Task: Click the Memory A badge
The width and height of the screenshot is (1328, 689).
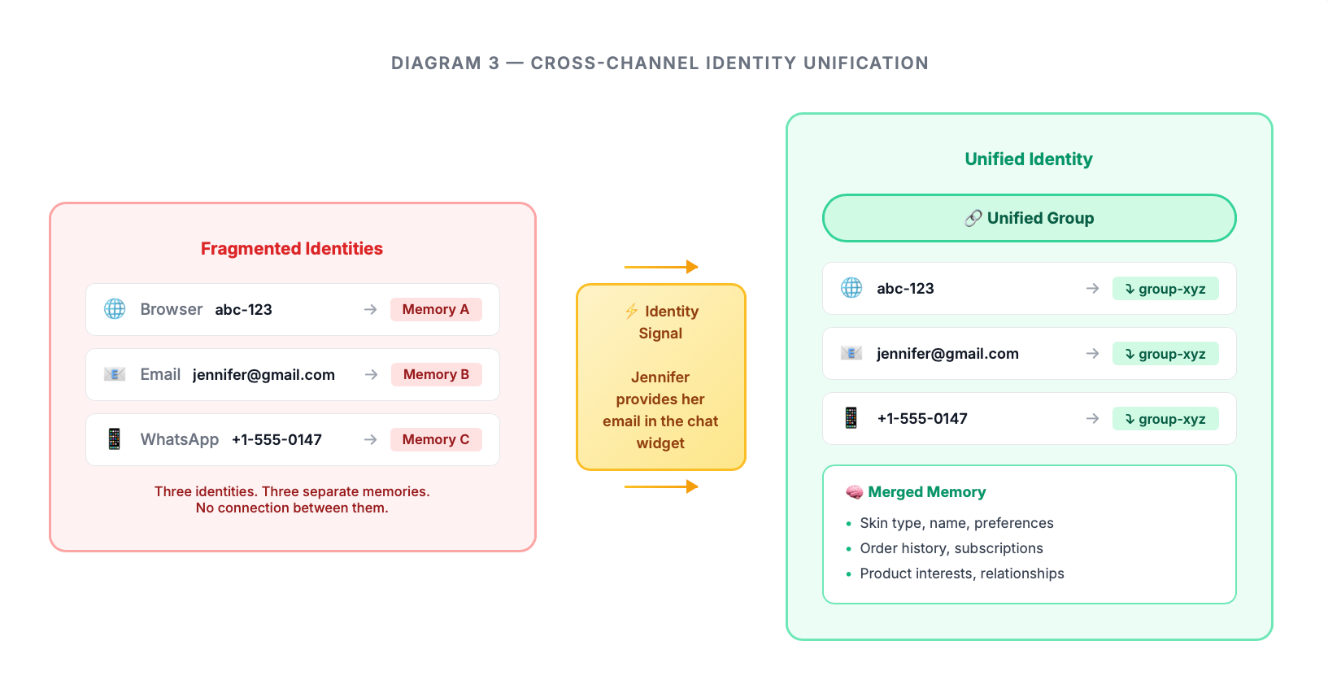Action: click(x=436, y=309)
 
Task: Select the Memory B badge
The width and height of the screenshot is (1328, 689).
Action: click(x=436, y=374)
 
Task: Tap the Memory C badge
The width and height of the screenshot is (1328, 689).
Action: click(x=436, y=439)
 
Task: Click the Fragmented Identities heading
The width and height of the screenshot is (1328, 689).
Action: click(x=292, y=249)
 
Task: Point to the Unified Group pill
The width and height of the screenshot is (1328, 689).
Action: click(x=1029, y=218)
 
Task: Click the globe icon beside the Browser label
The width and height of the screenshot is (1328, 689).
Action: click(x=115, y=309)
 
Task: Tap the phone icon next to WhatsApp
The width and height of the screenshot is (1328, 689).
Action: click(x=115, y=439)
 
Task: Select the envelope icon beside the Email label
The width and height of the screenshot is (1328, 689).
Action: click(x=115, y=374)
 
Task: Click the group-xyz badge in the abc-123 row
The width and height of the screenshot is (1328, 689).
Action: click(x=1165, y=289)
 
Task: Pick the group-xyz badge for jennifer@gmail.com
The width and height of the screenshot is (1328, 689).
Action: click(x=1165, y=354)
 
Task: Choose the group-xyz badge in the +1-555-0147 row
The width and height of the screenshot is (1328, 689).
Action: click(x=1165, y=419)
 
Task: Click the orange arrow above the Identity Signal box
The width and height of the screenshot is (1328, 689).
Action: click(x=661, y=267)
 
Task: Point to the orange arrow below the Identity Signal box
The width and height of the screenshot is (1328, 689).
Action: click(x=661, y=486)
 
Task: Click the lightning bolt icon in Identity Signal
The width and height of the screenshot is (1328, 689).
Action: click(x=631, y=311)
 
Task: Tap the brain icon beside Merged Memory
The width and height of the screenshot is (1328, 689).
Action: click(x=854, y=492)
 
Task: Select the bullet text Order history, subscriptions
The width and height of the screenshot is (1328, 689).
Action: click(x=951, y=548)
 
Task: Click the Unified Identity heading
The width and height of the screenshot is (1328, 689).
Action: click(x=1029, y=159)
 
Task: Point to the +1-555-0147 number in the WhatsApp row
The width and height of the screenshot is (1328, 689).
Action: click(x=276, y=440)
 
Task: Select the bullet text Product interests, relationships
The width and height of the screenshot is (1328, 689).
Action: click(x=962, y=573)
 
